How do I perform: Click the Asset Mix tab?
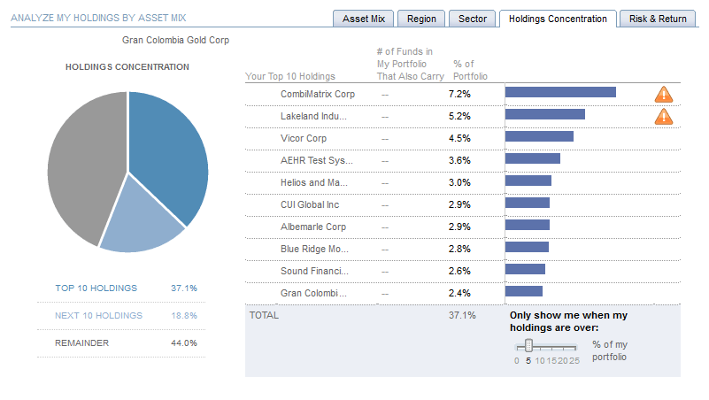pyautogui.click(x=364, y=19)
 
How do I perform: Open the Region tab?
pyautogui.click(x=421, y=19)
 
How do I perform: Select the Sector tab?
pyautogui.click(x=473, y=19)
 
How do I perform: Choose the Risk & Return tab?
pyautogui.click(x=658, y=19)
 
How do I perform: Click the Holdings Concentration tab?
pyautogui.click(x=558, y=19)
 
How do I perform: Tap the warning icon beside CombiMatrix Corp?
pyautogui.click(x=663, y=94)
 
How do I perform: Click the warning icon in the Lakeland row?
pyautogui.click(x=663, y=116)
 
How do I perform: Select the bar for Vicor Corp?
pyautogui.click(x=539, y=136)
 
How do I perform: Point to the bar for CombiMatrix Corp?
pyautogui.click(x=560, y=92)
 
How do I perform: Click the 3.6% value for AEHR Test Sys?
pyautogui.click(x=459, y=160)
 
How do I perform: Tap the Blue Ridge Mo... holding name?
pyautogui.click(x=314, y=249)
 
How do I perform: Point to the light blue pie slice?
pyautogui.click(x=139, y=218)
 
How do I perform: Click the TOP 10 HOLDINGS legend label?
pyautogui.click(x=96, y=288)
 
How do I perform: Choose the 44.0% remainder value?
pyautogui.click(x=184, y=343)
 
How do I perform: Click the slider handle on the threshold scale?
pyautogui.click(x=528, y=345)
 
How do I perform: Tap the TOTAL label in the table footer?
pyautogui.click(x=264, y=315)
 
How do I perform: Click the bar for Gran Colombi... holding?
pyautogui.click(x=524, y=291)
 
